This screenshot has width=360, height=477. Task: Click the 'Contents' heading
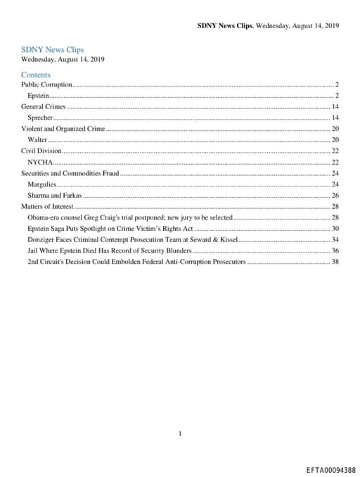pyautogui.click(x=36, y=74)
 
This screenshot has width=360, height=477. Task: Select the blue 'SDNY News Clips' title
pyautogui.click(x=52, y=50)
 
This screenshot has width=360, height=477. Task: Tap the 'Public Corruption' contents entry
pyautogui.click(x=46, y=84)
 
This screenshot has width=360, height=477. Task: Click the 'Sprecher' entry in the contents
pyautogui.click(x=40, y=117)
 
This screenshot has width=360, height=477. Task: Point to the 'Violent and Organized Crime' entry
pyautogui.click(x=63, y=129)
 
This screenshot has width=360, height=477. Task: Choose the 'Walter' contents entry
pyautogui.click(x=37, y=140)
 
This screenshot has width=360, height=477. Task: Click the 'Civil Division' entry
pyautogui.click(x=41, y=151)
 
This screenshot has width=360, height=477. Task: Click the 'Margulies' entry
pyautogui.click(x=41, y=184)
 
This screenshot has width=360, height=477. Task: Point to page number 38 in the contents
pyautogui.click(x=335, y=262)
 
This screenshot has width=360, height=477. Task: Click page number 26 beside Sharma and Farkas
pyautogui.click(x=335, y=195)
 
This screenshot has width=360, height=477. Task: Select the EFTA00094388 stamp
pyautogui.click(x=330, y=469)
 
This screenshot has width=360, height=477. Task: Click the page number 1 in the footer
pyautogui.click(x=180, y=434)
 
